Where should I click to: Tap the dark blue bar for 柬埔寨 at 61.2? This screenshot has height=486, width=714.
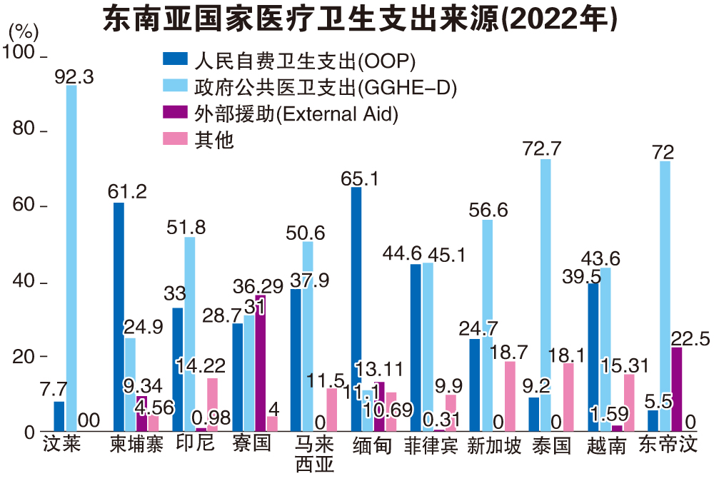coord(119,318)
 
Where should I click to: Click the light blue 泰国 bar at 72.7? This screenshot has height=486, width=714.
coord(545,295)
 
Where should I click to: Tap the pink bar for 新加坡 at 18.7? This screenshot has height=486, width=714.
coord(510,396)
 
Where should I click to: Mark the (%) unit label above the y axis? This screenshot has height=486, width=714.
coord(23,32)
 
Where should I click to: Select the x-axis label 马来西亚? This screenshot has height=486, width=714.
coord(313,455)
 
